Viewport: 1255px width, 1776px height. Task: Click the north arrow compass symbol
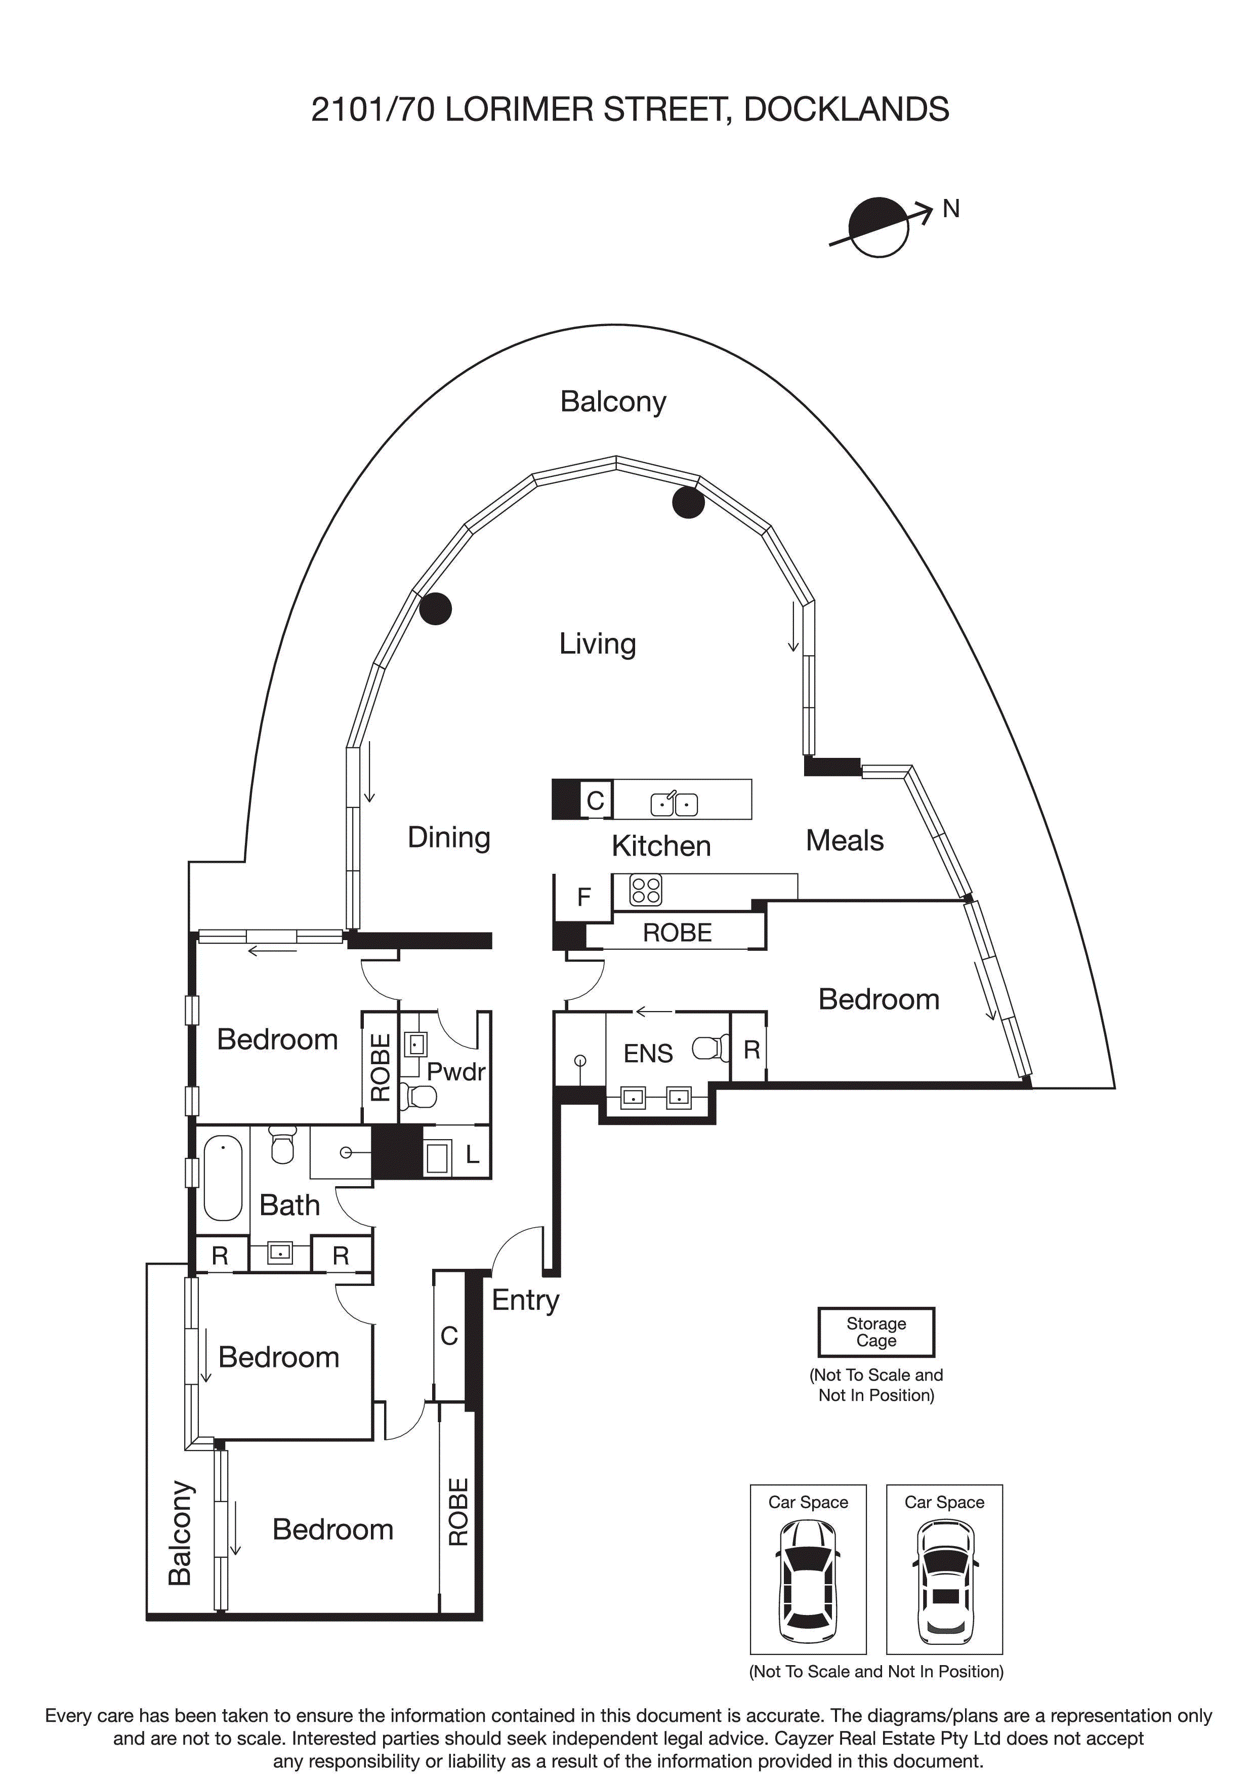click(x=879, y=227)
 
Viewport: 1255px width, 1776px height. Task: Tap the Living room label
click(x=597, y=643)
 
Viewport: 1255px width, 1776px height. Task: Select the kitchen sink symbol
click(x=674, y=803)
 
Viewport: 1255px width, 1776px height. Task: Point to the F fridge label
click(x=584, y=897)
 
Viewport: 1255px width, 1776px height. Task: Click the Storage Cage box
click(x=876, y=1332)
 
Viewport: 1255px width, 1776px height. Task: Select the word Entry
click(x=525, y=1300)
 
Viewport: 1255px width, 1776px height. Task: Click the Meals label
click(x=845, y=841)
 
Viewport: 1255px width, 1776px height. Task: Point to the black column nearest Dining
click(x=435, y=609)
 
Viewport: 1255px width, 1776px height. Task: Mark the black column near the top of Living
click(x=688, y=503)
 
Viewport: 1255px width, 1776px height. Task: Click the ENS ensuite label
click(x=648, y=1054)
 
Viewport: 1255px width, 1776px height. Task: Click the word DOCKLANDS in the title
click(x=846, y=110)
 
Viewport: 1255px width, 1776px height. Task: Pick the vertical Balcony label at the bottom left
click(x=180, y=1532)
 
